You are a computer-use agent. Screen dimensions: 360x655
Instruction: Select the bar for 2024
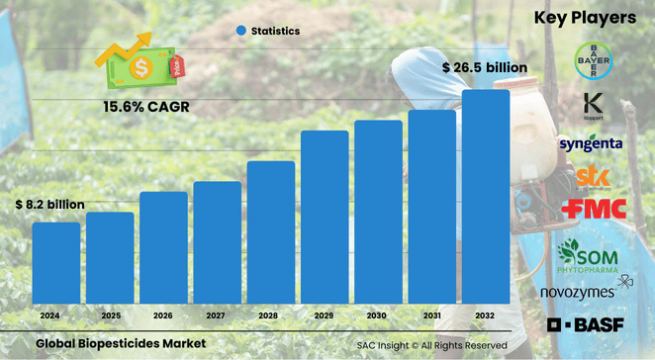[x=56, y=263]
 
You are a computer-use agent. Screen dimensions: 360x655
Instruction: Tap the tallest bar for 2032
[x=486, y=197]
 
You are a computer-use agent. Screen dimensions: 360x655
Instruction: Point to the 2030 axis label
[x=378, y=315]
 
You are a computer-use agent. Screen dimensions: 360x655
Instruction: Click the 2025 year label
[x=110, y=315]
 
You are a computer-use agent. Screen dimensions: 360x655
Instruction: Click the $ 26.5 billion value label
[x=485, y=67]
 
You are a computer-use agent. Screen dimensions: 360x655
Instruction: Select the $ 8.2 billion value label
[x=49, y=204]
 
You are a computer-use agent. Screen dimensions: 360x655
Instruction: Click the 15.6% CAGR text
[x=146, y=105]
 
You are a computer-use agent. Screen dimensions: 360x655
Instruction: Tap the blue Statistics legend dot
[x=240, y=32]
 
